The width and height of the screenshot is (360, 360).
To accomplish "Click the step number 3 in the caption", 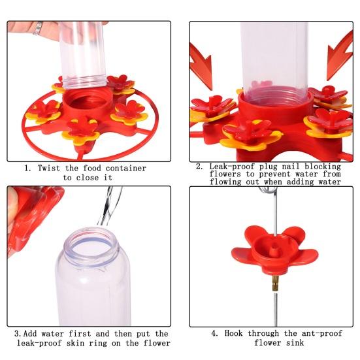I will (x=16, y=334).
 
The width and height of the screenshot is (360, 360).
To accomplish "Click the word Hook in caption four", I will (x=237, y=333).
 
